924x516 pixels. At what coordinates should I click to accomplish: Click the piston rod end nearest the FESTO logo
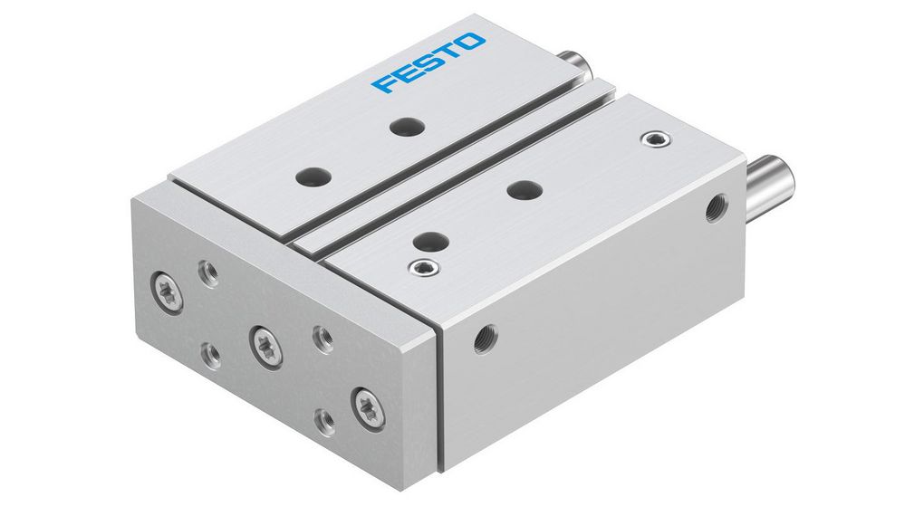(575, 66)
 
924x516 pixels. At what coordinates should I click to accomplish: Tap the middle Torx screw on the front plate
(265, 345)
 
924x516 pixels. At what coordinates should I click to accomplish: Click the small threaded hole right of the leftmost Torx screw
(209, 272)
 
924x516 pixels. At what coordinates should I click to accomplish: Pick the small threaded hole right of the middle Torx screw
(321, 338)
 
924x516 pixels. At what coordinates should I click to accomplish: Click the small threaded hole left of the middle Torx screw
(210, 352)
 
